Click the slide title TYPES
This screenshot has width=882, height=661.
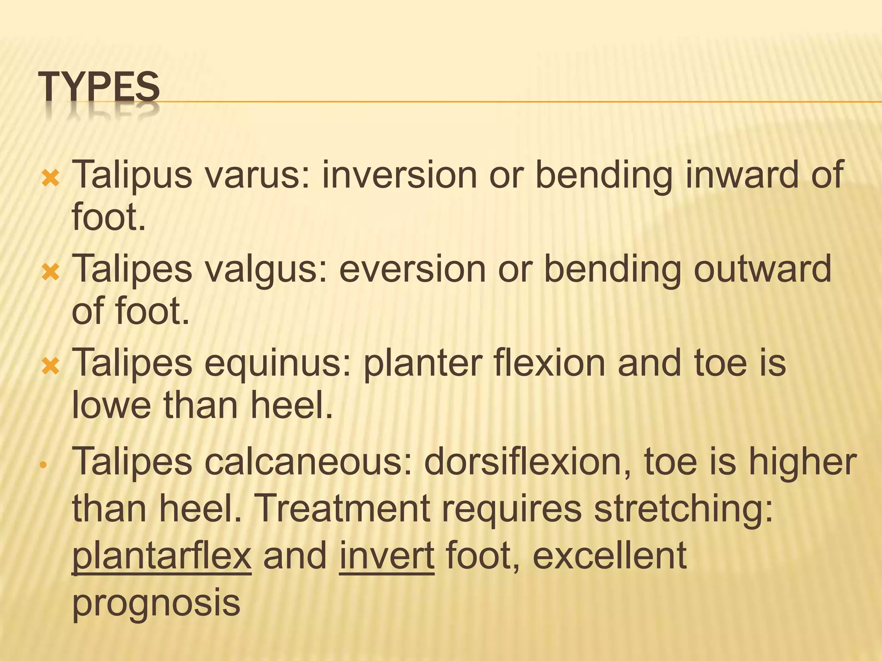click(99, 88)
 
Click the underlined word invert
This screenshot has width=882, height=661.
click(387, 555)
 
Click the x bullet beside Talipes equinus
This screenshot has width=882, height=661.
click(50, 366)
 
